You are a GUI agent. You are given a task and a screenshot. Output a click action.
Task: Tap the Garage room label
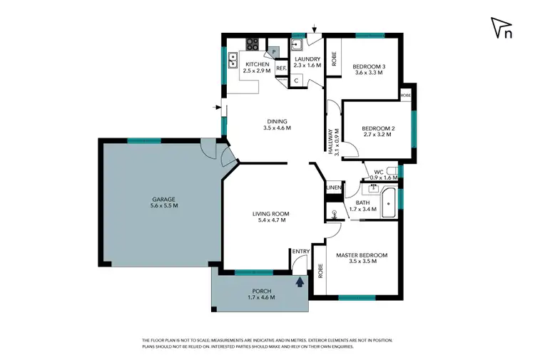pyautogui.click(x=163, y=202)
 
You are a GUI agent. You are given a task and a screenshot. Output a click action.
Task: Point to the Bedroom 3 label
pyautogui.click(x=369, y=71)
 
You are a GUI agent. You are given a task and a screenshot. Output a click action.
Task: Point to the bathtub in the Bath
pyautogui.click(x=389, y=202)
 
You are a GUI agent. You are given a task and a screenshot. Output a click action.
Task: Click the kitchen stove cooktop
pyautogui.click(x=253, y=43)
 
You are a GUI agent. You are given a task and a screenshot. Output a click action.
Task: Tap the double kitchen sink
pyautogui.click(x=233, y=59)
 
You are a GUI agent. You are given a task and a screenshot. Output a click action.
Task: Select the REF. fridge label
pyautogui.click(x=281, y=69)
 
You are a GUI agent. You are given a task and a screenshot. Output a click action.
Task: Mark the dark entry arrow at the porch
pyautogui.click(x=300, y=282)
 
